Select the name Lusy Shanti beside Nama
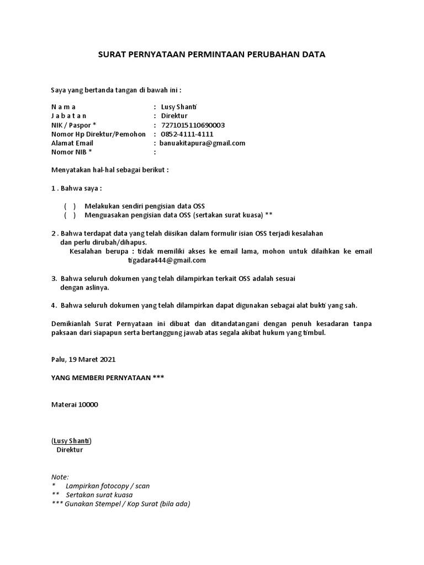click(179, 106)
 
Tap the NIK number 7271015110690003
click(193, 125)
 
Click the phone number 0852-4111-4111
click(187, 134)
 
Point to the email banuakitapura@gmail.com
click(203, 143)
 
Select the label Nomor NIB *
click(72, 152)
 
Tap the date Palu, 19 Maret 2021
click(83, 359)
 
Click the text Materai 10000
click(75, 404)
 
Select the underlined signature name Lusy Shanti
click(72, 441)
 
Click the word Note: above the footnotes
click(60, 477)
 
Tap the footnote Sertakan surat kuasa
click(99, 495)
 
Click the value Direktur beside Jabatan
click(174, 116)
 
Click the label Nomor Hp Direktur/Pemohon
click(98, 134)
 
